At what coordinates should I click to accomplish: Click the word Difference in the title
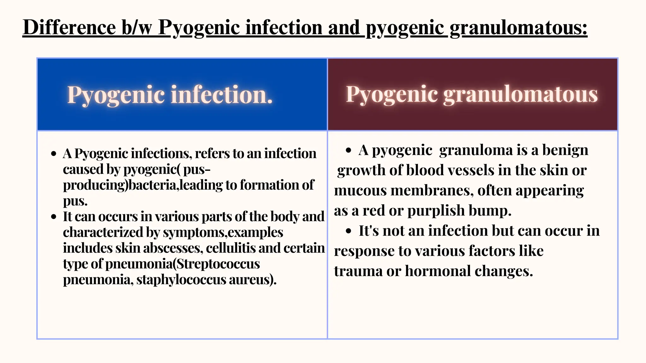tap(69, 27)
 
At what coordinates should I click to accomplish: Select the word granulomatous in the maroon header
tap(520, 94)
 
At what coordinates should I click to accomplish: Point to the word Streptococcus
tap(218, 264)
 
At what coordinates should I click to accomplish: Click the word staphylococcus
tap(181, 279)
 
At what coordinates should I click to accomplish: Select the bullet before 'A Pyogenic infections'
tap(54, 154)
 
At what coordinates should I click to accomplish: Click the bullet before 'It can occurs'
tap(54, 217)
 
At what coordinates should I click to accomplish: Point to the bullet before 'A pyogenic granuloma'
tap(348, 150)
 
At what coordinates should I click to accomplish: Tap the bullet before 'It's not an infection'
tap(348, 231)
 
